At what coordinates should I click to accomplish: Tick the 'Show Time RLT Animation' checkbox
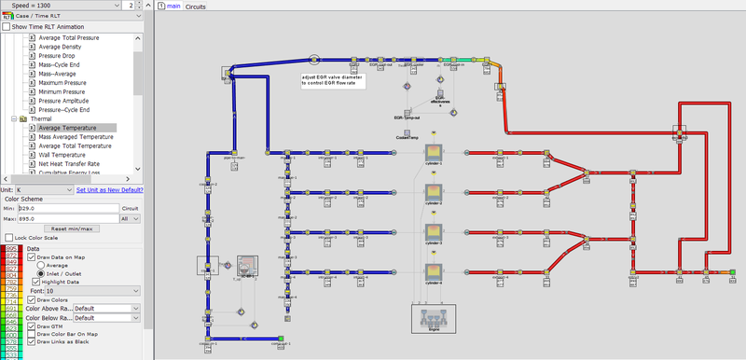click(x=7, y=27)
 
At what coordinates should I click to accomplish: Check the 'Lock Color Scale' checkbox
click(x=7, y=239)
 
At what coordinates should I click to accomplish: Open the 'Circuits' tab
click(x=195, y=7)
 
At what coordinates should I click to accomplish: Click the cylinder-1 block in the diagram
click(x=434, y=151)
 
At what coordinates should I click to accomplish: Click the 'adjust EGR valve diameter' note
click(x=333, y=80)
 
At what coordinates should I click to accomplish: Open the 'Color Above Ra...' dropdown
click(x=108, y=307)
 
